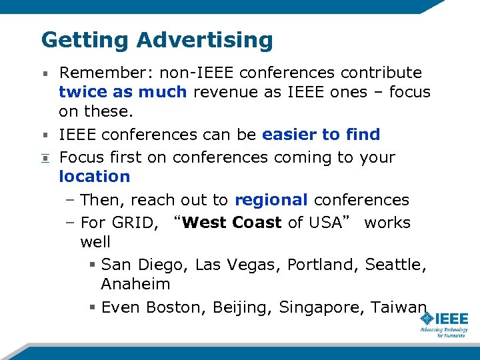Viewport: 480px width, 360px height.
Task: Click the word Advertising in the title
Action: (205, 40)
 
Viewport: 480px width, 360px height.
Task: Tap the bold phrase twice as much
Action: (123, 91)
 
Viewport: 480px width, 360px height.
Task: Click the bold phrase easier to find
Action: (321, 134)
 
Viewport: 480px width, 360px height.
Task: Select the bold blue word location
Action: (94, 177)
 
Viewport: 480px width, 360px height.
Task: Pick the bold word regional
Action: (271, 200)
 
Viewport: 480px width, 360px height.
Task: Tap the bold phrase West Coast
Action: (231, 222)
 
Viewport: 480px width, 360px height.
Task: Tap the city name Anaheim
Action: (135, 284)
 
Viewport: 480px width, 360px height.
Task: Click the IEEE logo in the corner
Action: (443, 318)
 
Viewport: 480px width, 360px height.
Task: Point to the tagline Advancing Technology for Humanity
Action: (443, 332)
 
